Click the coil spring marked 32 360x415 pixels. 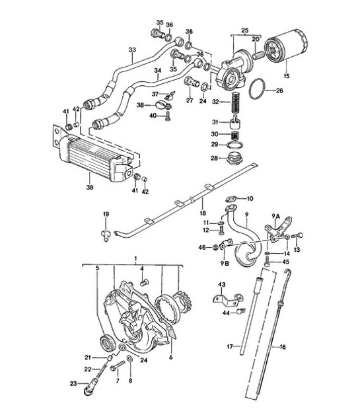[x=234, y=103]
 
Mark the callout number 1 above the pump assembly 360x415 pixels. [x=135, y=256]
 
